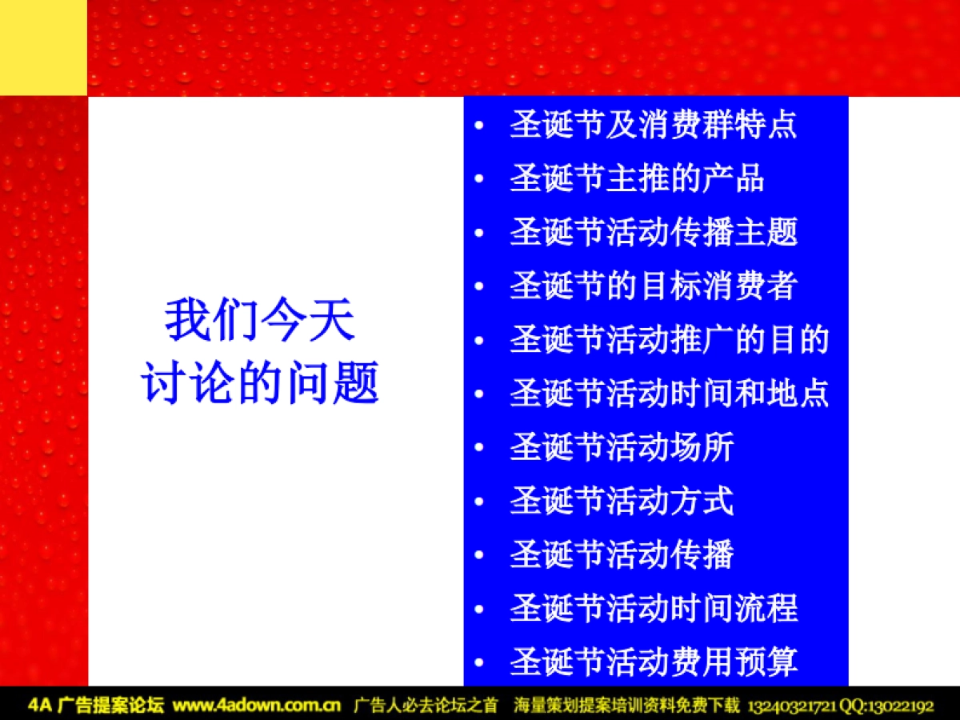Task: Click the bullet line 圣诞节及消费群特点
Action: coord(653,126)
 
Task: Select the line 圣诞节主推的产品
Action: coord(637,179)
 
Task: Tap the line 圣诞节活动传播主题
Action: coord(653,233)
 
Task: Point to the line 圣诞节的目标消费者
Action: coord(653,286)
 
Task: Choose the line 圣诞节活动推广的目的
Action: coord(669,340)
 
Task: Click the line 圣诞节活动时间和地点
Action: coord(669,394)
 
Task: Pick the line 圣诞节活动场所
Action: coord(621,447)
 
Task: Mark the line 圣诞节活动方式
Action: coord(621,502)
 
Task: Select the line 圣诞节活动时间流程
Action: coord(653,609)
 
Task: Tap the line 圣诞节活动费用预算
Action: coord(653,662)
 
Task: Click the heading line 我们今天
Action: coord(260,321)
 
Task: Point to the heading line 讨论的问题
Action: coord(260,384)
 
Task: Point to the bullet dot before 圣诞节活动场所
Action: coord(478,448)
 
